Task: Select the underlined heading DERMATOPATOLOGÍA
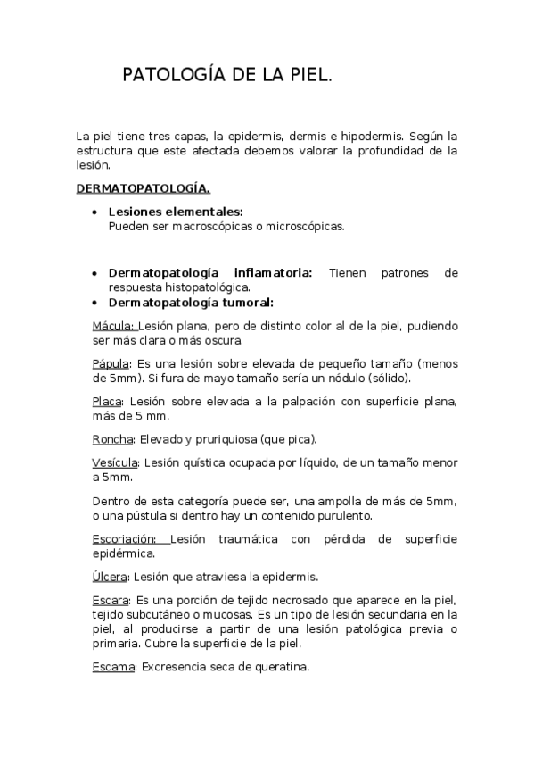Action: pyautogui.click(x=144, y=188)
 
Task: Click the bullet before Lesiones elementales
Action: pyautogui.click(x=95, y=212)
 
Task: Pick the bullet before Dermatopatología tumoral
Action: pyautogui.click(x=95, y=303)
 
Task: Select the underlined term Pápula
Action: pyautogui.click(x=111, y=363)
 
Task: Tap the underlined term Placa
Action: pyautogui.click(x=107, y=402)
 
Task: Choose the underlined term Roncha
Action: pyautogui.click(x=113, y=439)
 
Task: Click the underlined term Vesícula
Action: pyautogui.click(x=116, y=462)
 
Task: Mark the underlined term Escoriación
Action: pyautogui.click(x=125, y=538)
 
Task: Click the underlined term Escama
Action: pyautogui.click(x=114, y=666)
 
